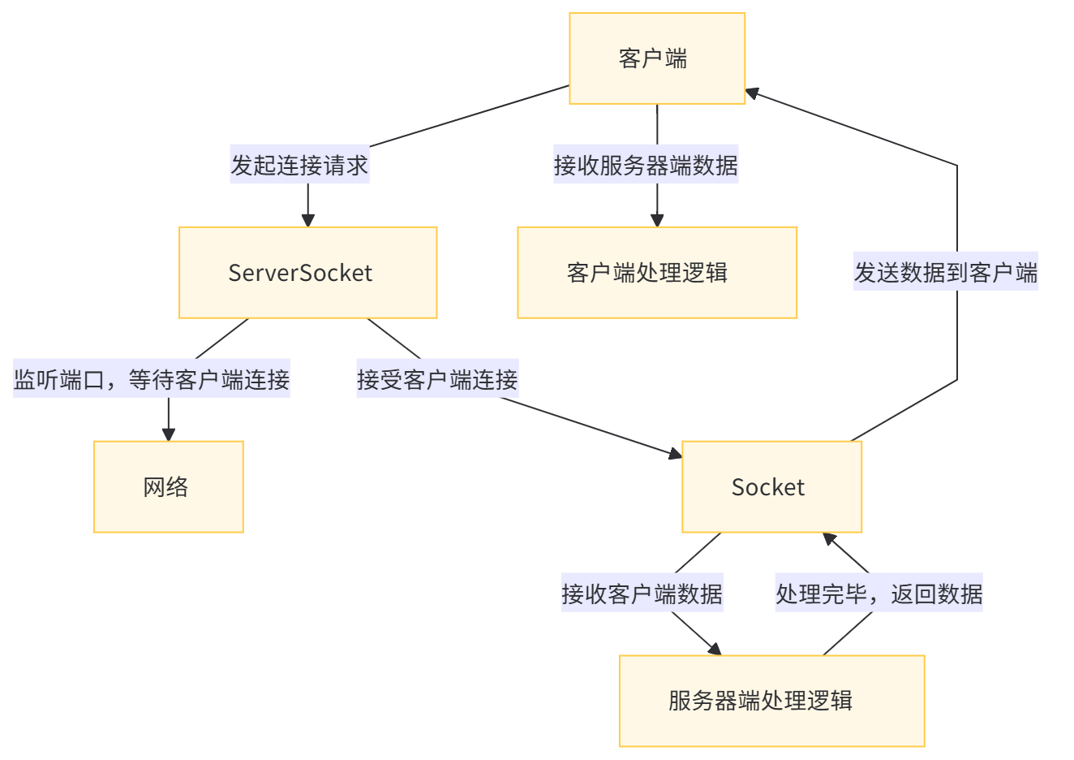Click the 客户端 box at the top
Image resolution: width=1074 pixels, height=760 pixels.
(x=657, y=58)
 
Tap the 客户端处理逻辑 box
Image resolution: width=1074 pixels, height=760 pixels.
(x=657, y=273)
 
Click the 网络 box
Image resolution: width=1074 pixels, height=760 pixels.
(x=168, y=487)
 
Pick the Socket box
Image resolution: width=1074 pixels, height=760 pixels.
(x=771, y=487)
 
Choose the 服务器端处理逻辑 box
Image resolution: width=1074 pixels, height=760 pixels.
(x=771, y=701)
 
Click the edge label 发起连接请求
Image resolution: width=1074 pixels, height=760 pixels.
(x=299, y=166)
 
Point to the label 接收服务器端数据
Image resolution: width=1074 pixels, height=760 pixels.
(x=646, y=166)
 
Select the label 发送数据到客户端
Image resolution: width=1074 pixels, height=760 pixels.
(x=946, y=273)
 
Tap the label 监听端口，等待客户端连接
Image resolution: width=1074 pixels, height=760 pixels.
(x=152, y=380)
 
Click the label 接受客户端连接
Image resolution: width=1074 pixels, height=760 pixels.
(x=437, y=380)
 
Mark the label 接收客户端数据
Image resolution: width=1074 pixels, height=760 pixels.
(x=642, y=594)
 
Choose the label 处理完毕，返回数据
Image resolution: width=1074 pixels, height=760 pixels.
(x=879, y=594)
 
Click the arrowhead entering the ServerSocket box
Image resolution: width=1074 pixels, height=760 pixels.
(x=307, y=219)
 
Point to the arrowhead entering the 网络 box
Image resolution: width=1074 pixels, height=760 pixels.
(x=168, y=434)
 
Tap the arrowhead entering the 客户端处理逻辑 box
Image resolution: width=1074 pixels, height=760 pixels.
(x=657, y=219)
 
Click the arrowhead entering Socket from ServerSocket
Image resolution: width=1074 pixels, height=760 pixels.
(x=675, y=455)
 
